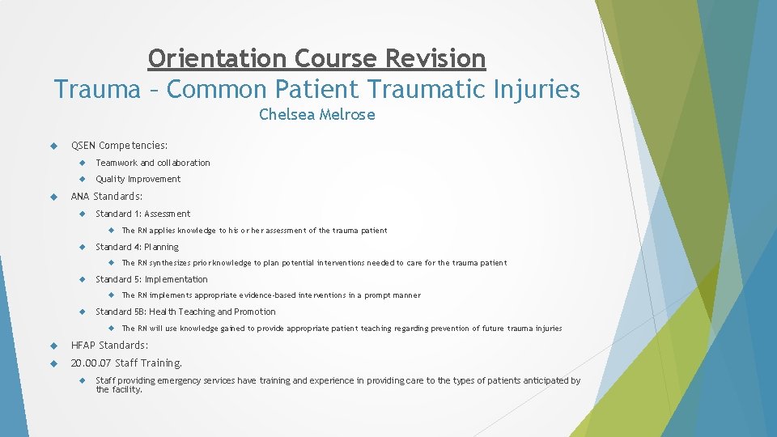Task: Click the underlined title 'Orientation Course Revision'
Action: click(x=316, y=58)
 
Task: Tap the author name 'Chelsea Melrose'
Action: click(x=316, y=115)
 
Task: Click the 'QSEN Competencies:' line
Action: click(x=119, y=146)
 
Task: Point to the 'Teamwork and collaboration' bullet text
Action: click(x=152, y=163)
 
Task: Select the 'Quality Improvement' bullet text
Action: click(x=138, y=179)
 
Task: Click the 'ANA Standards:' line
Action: click(x=106, y=196)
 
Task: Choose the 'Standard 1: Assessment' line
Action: click(x=142, y=214)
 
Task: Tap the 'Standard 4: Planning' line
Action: click(x=137, y=247)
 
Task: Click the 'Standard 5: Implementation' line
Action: click(x=151, y=279)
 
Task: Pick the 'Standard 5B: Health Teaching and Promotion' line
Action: click(x=185, y=312)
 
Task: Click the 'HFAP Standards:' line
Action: click(x=109, y=346)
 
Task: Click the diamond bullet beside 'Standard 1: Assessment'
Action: click(x=83, y=214)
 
